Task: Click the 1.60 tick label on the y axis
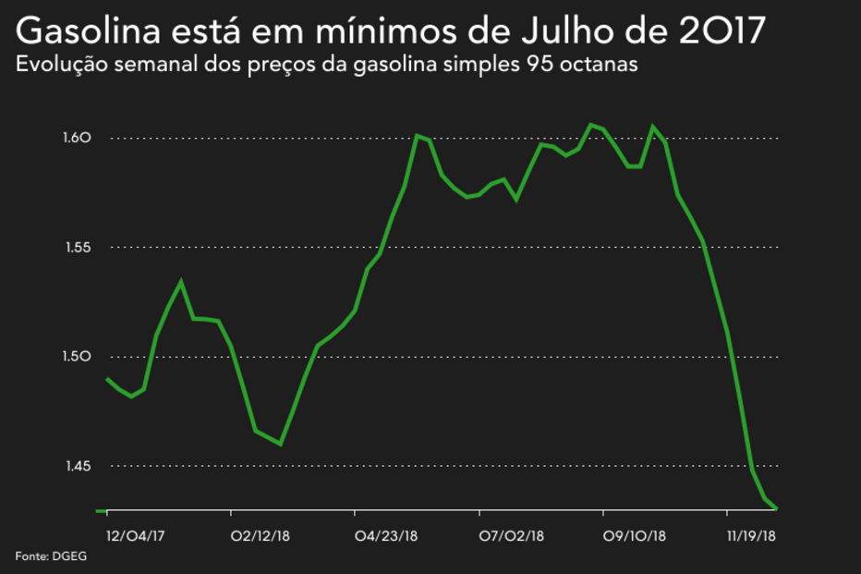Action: point(77,139)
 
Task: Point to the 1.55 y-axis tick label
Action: point(77,248)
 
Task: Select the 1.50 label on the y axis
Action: point(77,357)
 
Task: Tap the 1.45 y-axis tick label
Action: point(77,466)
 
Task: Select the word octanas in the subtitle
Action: point(603,67)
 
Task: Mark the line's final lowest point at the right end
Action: point(777,507)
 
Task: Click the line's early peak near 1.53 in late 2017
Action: point(181,282)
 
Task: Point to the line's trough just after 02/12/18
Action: point(280,445)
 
